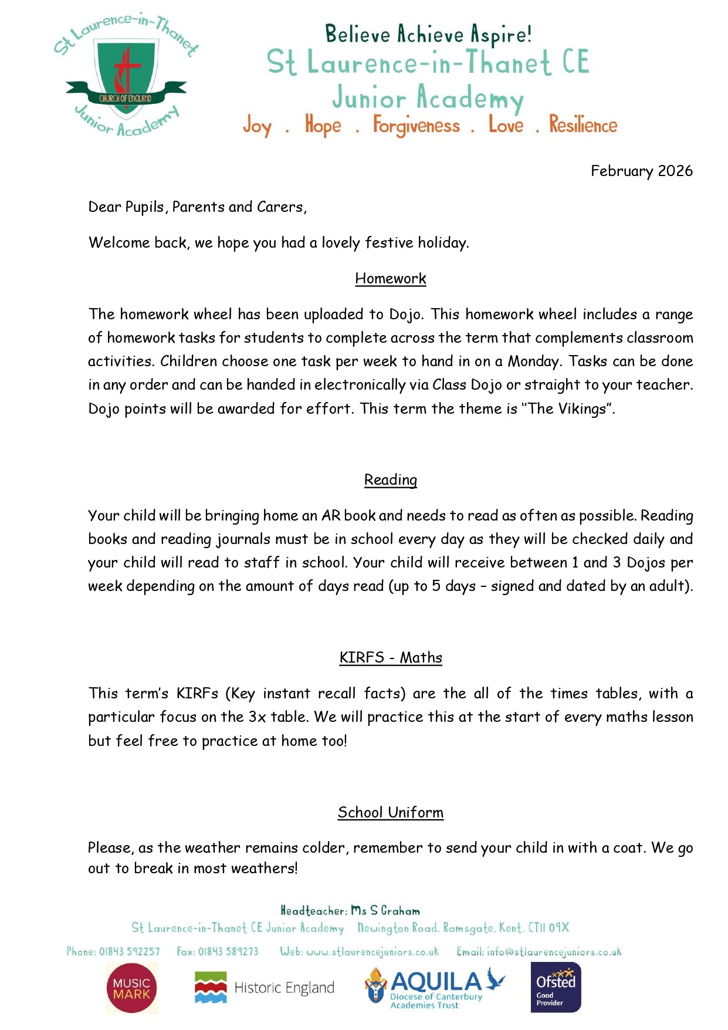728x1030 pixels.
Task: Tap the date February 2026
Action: click(x=641, y=171)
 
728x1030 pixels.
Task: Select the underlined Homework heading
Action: click(x=390, y=278)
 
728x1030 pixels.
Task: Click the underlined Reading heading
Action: click(x=390, y=480)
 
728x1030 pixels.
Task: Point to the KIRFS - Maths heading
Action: click(x=390, y=657)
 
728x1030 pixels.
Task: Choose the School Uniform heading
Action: click(x=390, y=812)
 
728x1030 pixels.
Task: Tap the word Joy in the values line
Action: click(x=258, y=126)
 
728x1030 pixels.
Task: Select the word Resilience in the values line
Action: click(x=583, y=124)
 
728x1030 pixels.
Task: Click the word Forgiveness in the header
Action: click(x=417, y=126)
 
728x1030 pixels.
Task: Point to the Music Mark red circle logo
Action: click(x=131, y=988)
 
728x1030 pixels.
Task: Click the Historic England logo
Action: click(x=264, y=988)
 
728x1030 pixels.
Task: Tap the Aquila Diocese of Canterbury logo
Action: click(x=435, y=988)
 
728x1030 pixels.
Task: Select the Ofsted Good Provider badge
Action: click(x=556, y=988)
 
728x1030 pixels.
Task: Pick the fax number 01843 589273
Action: click(x=228, y=951)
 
